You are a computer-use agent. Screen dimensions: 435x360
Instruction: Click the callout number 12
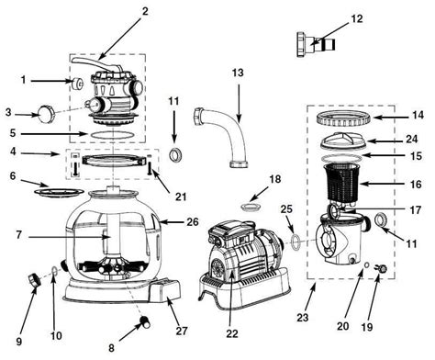[x=356, y=18]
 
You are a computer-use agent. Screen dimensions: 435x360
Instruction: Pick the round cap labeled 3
[x=46, y=113]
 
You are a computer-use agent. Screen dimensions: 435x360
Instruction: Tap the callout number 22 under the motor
[x=231, y=333]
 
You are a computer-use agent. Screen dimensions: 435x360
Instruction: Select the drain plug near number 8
[x=144, y=321]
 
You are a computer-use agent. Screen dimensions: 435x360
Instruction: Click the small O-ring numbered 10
[x=54, y=271]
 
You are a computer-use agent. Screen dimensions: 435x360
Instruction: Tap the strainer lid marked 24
[x=343, y=141]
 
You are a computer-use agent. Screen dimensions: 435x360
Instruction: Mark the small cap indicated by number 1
[x=77, y=83]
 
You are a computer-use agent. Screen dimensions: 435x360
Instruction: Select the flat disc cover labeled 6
[x=59, y=192]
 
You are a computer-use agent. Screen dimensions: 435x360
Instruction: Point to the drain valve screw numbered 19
[x=381, y=269]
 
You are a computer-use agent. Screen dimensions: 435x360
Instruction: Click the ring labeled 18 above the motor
[x=251, y=208]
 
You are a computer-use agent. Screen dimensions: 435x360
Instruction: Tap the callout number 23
[x=302, y=318]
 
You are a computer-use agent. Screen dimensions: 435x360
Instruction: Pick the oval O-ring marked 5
[x=113, y=135]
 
